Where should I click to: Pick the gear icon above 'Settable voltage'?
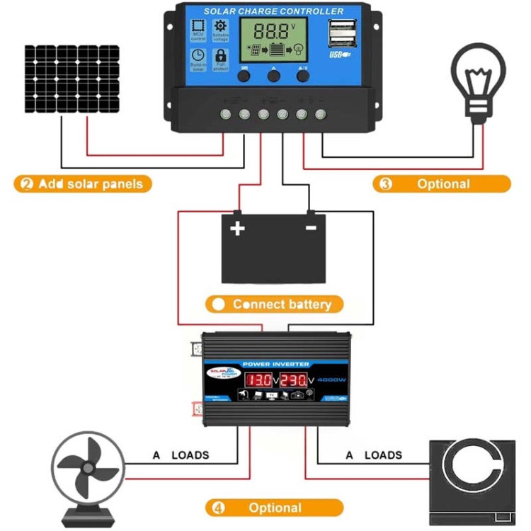pos(220,26)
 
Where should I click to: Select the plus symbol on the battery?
pos(237,228)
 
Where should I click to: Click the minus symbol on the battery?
pos(310,228)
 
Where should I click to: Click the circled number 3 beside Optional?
pos(386,184)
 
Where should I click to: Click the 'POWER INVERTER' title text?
pos(278,364)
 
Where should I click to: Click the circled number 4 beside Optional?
pos(218,508)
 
